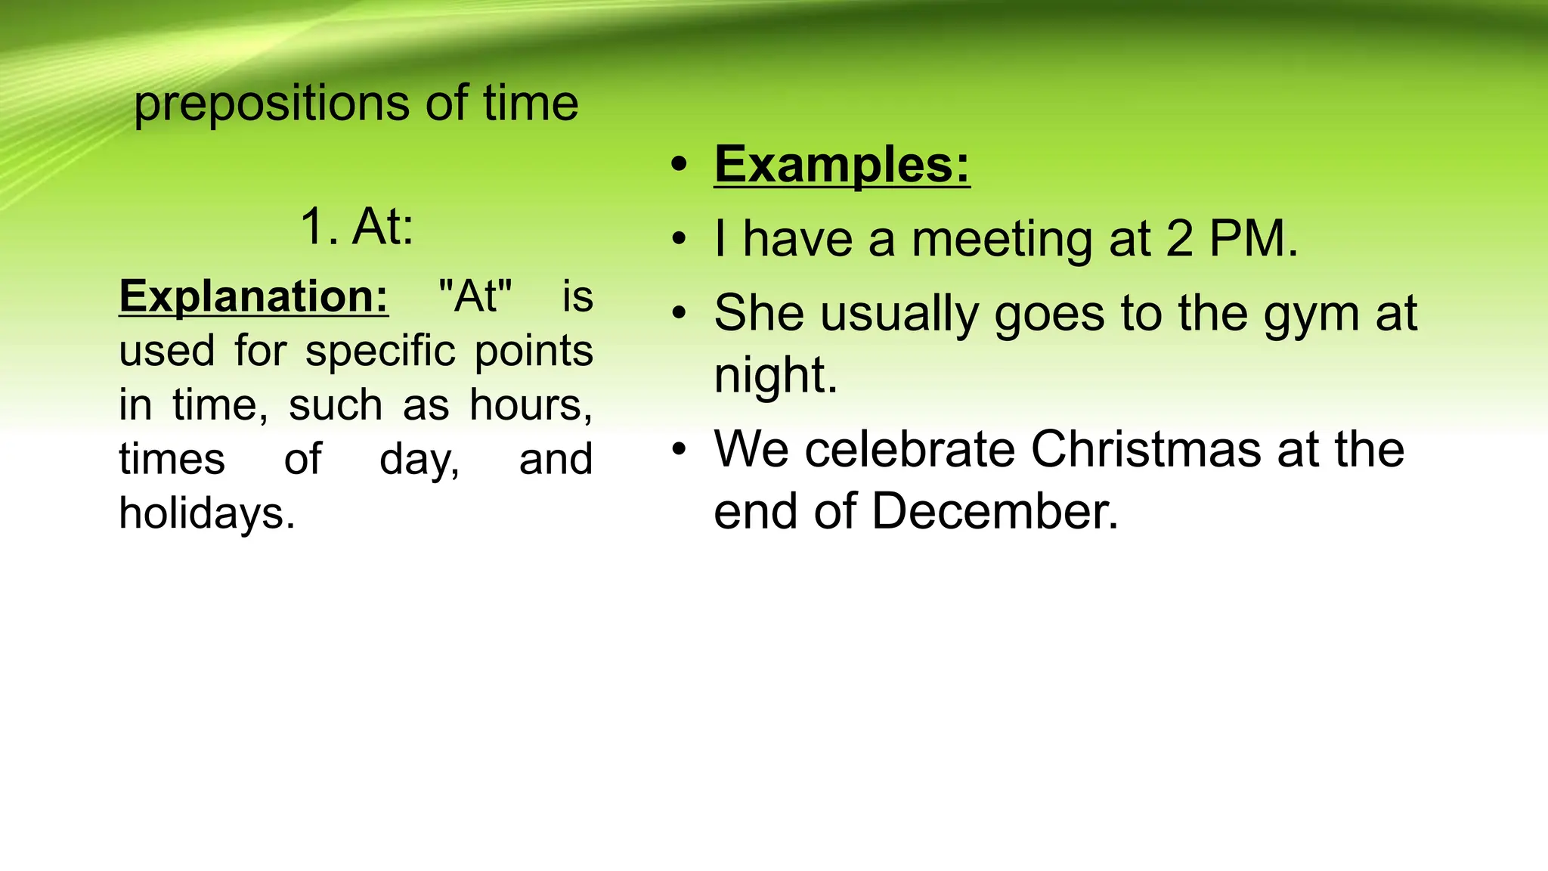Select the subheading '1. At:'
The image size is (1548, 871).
click(357, 226)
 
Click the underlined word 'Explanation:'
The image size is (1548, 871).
click(254, 296)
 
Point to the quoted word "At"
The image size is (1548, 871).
click(475, 296)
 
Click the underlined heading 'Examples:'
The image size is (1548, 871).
click(842, 164)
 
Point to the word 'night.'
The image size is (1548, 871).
click(776, 375)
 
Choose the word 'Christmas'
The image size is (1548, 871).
click(1146, 449)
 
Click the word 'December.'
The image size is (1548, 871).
click(995, 511)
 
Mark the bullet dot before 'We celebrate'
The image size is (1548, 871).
click(680, 450)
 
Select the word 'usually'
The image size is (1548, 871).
click(899, 315)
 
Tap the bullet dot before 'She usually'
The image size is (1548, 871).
click(680, 313)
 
